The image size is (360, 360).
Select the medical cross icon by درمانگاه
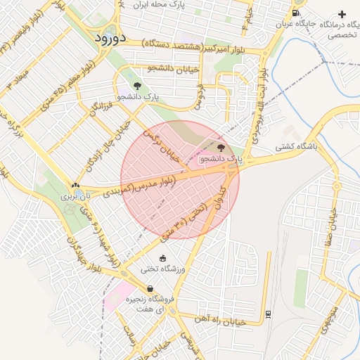(x=342, y=14)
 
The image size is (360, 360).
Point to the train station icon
(x=269, y=313)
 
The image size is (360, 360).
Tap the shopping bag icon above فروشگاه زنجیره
(x=150, y=288)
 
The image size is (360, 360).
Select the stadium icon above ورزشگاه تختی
(x=164, y=258)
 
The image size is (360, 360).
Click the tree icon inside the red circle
(x=222, y=148)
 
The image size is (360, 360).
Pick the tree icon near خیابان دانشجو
(x=136, y=85)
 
